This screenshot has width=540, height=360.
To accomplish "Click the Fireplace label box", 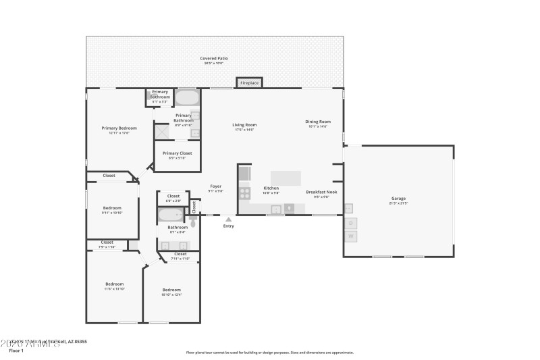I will coord(248,82).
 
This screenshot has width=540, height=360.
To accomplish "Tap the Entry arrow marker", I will coord(229,219).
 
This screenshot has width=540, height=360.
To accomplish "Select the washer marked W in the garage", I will coord(350,236).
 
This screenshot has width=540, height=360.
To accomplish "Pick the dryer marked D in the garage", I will coord(350,223).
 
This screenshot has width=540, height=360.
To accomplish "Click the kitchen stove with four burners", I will coord(244,194).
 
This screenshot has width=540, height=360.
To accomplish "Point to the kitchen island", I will coord(286,177).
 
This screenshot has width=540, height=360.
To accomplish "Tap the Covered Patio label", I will coord(213,59).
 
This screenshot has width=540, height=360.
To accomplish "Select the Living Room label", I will coord(244,125).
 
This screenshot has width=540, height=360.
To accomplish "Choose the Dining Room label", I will coord(318,122).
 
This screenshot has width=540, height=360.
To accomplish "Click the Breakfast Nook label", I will coord(317,192).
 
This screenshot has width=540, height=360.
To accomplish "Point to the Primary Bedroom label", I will coord(119,128).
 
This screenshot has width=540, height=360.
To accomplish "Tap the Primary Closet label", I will coord(177,153).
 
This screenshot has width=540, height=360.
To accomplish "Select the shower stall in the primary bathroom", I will coord(161,131).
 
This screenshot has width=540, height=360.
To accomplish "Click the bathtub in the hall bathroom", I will coord(170,215).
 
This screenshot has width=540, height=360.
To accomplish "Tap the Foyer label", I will coord(216,186).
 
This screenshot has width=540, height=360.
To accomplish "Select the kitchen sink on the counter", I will coord(276,209).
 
